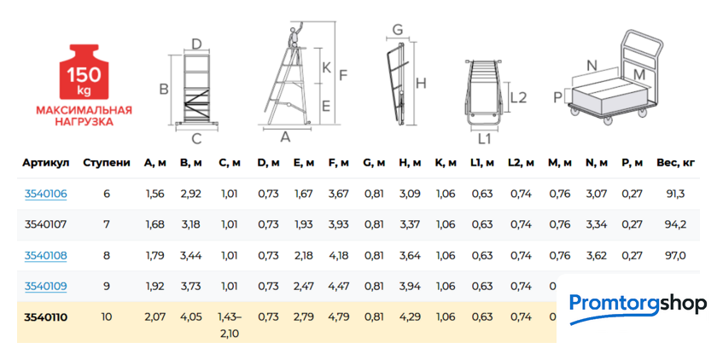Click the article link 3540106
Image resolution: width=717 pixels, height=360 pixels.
[x=46, y=194]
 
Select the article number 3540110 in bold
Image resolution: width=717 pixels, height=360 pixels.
[x=46, y=317]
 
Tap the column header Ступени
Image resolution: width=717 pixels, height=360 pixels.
[x=107, y=163]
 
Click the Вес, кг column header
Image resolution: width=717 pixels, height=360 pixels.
[x=675, y=163]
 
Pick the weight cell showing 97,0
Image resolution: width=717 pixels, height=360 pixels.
[x=675, y=255]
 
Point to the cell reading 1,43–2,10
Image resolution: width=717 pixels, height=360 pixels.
[x=230, y=325]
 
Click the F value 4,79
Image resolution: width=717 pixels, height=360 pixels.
[x=339, y=317]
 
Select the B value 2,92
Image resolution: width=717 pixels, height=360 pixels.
[x=190, y=194]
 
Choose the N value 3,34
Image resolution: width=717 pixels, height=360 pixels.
[x=597, y=224]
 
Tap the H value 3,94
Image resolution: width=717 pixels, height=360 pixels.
[x=410, y=286]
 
